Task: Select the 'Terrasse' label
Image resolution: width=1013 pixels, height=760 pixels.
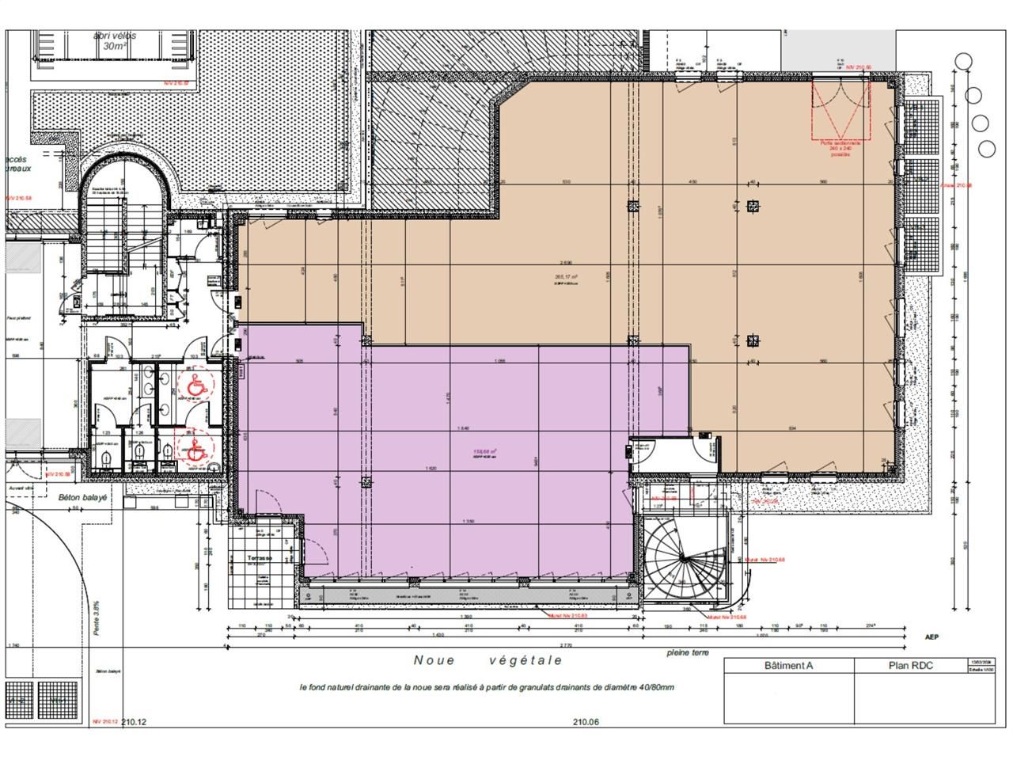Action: pos(259,558)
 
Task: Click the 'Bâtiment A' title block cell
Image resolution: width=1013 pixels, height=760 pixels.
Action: pos(788,665)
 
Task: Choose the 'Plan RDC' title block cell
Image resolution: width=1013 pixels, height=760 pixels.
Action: pos(910,665)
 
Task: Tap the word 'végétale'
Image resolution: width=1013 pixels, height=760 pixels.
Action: pos(525,659)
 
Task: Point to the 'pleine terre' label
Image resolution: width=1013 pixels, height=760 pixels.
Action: pos(688,653)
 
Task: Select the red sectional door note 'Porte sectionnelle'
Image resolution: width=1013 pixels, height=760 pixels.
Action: pos(840,142)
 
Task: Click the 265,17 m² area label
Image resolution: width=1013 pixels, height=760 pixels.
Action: pos(566,277)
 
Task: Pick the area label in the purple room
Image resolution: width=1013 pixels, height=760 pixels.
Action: pos(484,453)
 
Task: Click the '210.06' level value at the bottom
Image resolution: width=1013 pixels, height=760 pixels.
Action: pos(583,722)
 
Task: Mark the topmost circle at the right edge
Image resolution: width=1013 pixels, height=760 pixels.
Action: pos(964,61)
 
